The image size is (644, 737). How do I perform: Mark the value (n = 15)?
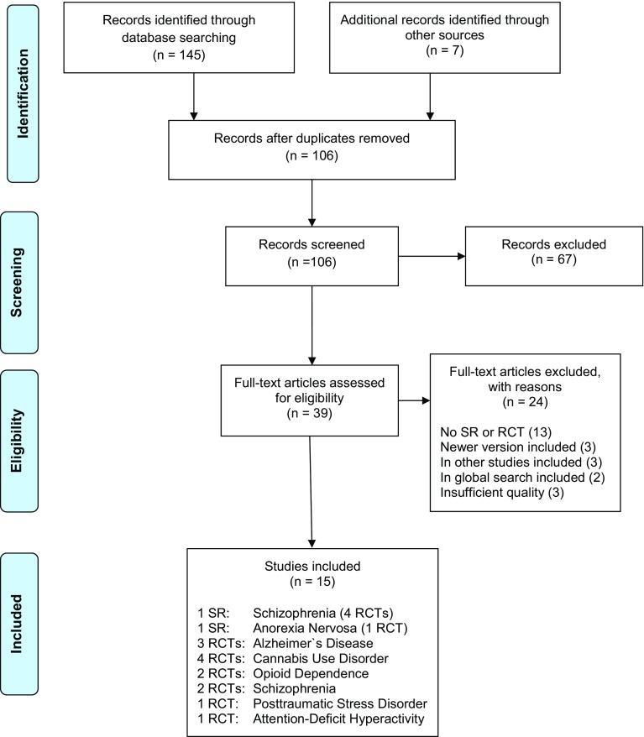(x=313, y=578)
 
